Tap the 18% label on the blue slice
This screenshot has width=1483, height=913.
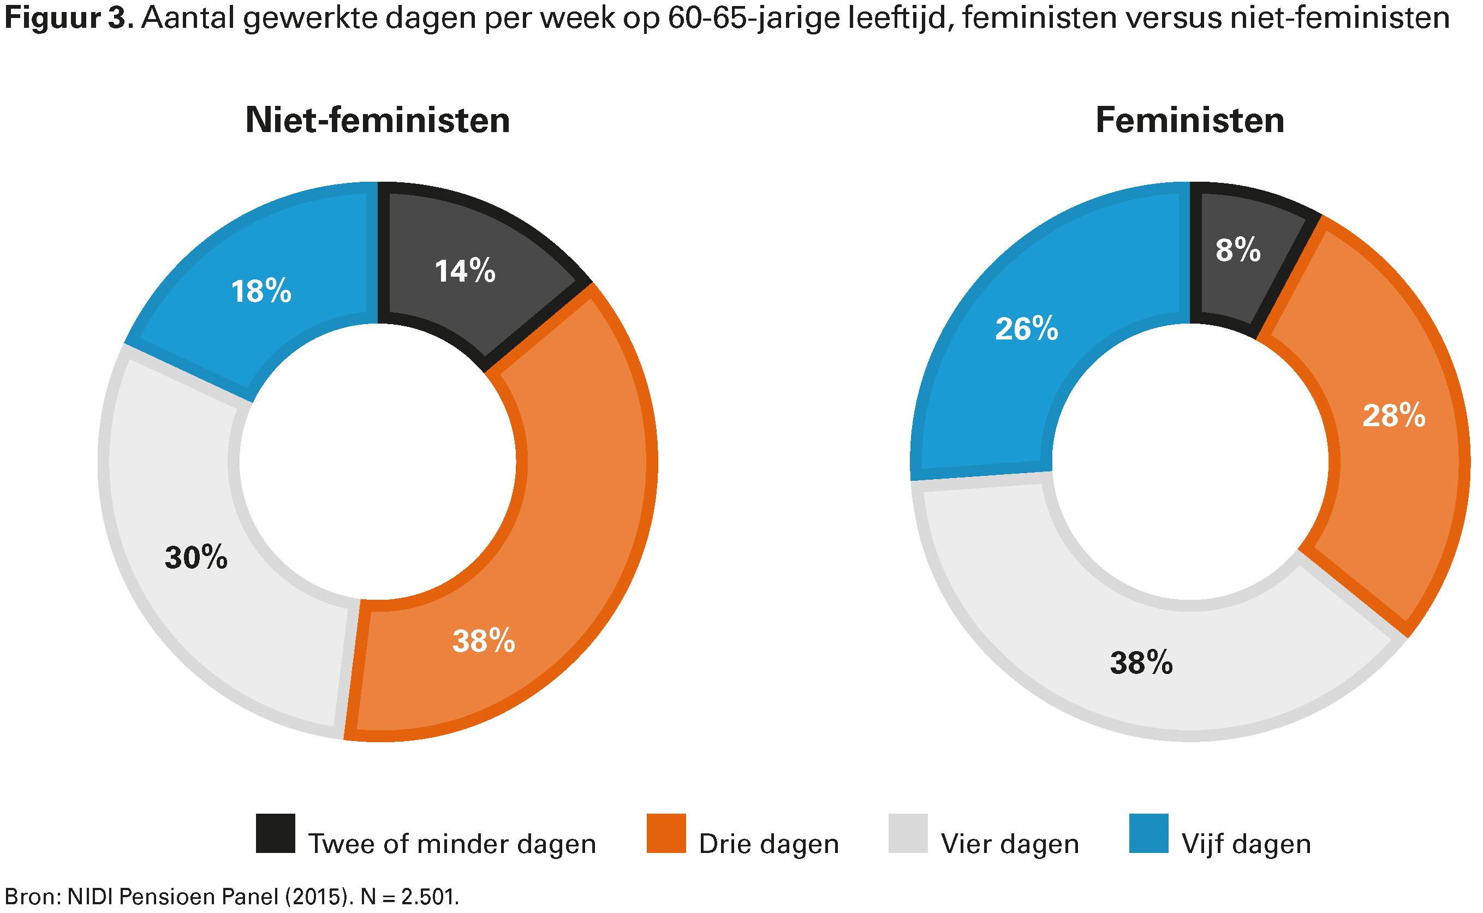261,291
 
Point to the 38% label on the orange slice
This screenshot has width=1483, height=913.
483,641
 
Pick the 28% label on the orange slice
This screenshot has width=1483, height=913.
1393,415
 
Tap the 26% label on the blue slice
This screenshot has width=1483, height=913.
1026,329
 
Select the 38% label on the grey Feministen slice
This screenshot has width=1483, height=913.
1141,663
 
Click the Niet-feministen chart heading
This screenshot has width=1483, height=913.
377,120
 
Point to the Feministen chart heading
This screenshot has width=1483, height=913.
1189,120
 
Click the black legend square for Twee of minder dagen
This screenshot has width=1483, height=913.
275,833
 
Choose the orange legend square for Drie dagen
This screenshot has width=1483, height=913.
665,833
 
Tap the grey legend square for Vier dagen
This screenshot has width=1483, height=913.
907,833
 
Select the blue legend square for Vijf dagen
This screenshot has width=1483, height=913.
1148,833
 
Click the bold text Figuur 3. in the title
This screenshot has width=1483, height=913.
68,18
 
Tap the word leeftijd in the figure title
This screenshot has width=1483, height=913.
897,18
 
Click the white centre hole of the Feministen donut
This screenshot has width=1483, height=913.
1189,462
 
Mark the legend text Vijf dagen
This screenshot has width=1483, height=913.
1246,844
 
